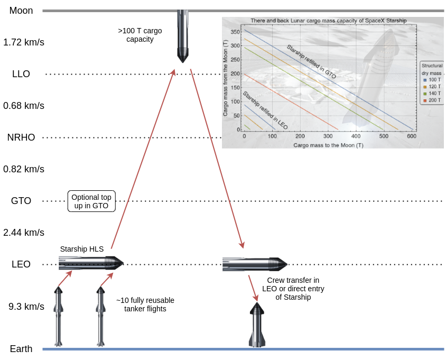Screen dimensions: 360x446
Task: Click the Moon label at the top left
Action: coord(21,11)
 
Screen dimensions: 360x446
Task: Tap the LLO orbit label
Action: coord(21,74)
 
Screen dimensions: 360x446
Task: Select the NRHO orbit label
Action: coord(21,137)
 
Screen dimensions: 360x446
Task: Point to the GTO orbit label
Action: coord(21,201)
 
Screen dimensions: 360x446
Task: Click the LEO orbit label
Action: coord(21,264)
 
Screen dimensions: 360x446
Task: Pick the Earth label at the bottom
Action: coord(21,349)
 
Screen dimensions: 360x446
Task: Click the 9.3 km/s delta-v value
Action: coord(24,307)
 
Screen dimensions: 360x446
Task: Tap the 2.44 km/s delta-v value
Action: coord(24,233)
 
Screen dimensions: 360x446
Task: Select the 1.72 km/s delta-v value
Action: coord(24,42)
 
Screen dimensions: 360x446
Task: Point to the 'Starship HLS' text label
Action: coord(82,249)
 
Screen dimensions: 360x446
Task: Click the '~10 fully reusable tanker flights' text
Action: coord(145,304)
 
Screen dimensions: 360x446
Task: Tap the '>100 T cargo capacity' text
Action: coord(140,35)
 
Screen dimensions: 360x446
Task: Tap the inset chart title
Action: coord(325,21)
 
